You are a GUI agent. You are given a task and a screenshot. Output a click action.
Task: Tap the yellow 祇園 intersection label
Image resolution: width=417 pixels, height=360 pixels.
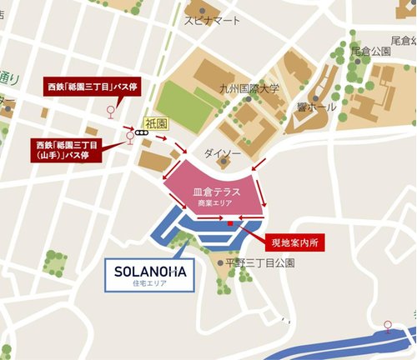click(x=156, y=122)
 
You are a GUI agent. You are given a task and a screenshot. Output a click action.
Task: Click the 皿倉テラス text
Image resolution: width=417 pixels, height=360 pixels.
click(x=216, y=192)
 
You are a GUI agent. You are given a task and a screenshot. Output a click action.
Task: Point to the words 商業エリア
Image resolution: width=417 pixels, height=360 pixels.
click(x=216, y=203)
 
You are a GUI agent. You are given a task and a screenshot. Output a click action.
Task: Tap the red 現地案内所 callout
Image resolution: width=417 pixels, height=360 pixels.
click(x=295, y=243)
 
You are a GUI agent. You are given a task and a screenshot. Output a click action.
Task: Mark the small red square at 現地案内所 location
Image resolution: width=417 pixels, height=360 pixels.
click(x=229, y=223)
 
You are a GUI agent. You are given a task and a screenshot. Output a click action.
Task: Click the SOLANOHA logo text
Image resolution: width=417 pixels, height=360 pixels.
click(x=148, y=272)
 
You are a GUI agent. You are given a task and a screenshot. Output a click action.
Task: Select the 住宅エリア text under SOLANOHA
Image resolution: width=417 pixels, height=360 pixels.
click(x=148, y=285)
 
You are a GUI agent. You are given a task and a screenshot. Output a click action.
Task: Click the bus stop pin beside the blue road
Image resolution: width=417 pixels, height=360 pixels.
click(x=387, y=324)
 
